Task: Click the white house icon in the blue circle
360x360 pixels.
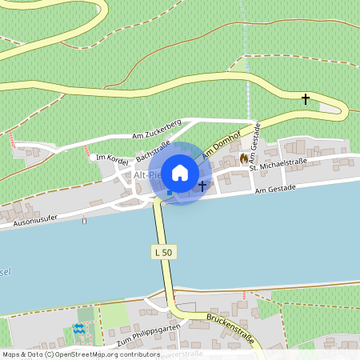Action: click(180, 172)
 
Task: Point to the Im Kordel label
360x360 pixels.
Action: click(107, 157)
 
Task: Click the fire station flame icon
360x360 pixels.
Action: click(244, 158)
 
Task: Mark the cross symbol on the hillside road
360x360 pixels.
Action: click(305, 98)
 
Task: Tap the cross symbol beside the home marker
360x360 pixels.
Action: click(202, 186)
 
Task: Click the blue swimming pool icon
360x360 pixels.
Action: click(78, 328)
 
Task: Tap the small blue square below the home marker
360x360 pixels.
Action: click(169, 192)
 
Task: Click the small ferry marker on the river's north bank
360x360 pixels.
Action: click(84, 219)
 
